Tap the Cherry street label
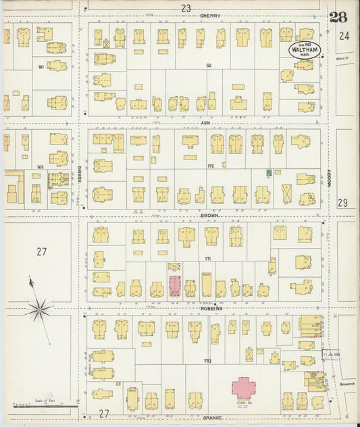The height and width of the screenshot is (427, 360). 209,16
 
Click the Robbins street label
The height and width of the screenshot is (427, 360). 211,307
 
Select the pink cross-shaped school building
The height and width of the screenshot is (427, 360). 244,388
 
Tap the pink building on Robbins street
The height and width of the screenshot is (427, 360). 174,286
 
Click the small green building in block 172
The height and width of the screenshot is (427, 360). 269,173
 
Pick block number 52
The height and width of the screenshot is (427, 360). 209,66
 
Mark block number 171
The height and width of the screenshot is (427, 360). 208,259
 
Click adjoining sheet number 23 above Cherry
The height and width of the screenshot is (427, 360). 186,7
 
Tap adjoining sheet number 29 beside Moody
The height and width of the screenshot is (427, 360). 342,203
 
